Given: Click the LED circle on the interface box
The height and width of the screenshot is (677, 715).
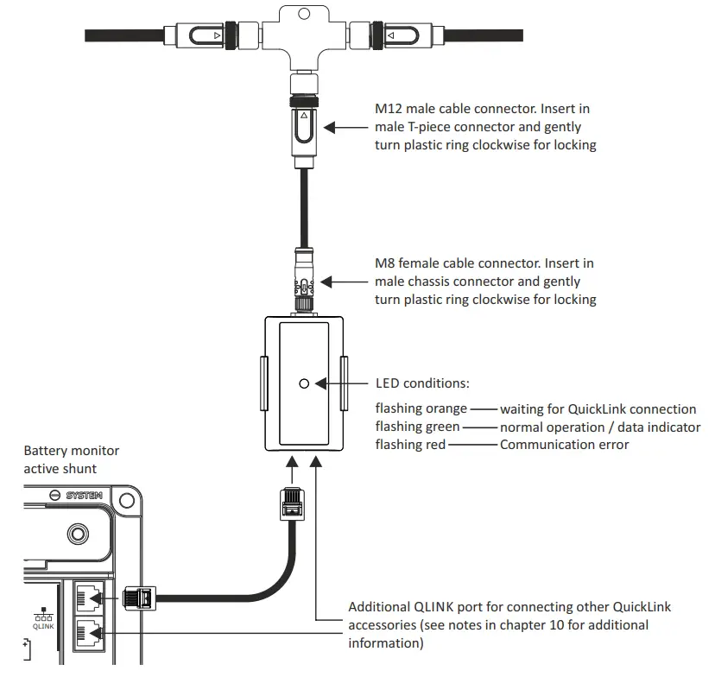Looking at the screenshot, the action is pyautogui.click(x=303, y=383).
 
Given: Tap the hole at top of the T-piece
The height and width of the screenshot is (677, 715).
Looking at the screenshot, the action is pyautogui.click(x=303, y=13).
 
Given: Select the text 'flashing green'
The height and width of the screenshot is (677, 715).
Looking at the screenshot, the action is pyautogui.click(x=417, y=427).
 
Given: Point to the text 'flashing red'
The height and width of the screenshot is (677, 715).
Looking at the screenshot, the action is pyautogui.click(x=410, y=445).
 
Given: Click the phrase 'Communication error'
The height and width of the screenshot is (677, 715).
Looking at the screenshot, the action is pyautogui.click(x=564, y=445).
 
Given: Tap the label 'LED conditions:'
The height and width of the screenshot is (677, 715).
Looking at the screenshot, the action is pyautogui.click(x=422, y=383).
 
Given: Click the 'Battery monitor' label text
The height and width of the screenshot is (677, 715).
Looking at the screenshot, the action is pyautogui.click(x=72, y=451).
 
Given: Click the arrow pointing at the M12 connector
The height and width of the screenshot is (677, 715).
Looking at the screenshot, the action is pyautogui.click(x=345, y=127).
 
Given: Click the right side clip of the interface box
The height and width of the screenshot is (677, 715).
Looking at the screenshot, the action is pyautogui.click(x=345, y=383).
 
